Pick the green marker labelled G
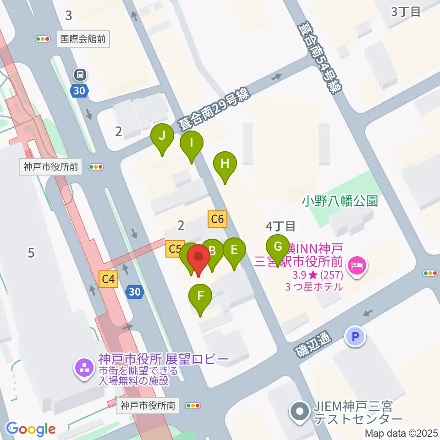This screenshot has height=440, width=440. pyautogui.click(x=278, y=247)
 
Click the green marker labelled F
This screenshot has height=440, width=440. pyautogui.click(x=200, y=297)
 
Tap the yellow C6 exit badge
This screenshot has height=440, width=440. pyautogui.click(x=217, y=220)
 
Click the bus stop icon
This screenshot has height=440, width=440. pyautogui.click(x=81, y=74)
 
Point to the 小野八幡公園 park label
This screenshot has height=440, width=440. pyautogui.click(x=340, y=201)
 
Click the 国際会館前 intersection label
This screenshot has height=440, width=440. pyautogui.click(x=83, y=39)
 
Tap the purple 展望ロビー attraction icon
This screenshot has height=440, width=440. pyautogui.click(x=84, y=368)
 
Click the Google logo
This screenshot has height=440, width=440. pyautogui.click(x=31, y=429)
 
